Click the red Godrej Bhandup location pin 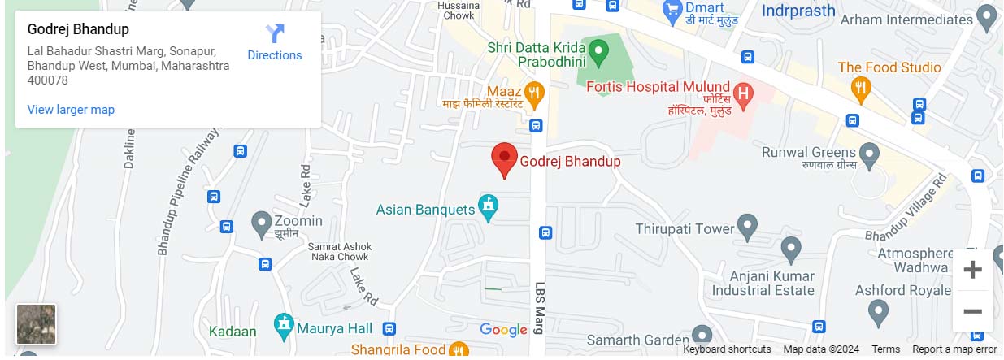[x=504, y=159]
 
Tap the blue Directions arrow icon [x=275, y=35]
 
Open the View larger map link [x=71, y=110]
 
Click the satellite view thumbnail [x=37, y=324]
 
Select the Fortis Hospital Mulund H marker [x=741, y=94]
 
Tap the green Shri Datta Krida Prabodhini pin [x=598, y=53]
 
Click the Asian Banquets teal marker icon [x=488, y=208]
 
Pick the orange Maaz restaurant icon [x=533, y=93]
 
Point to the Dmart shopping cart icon [x=672, y=11]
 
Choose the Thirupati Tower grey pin [x=747, y=227]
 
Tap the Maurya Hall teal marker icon [x=284, y=327]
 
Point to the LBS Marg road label [x=539, y=309]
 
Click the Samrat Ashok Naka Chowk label [x=341, y=252]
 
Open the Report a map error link [x=954, y=349]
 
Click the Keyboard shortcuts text [x=727, y=349]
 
